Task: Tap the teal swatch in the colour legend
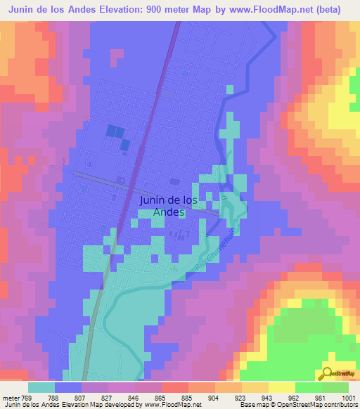pyautogui.click(x=41, y=387)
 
